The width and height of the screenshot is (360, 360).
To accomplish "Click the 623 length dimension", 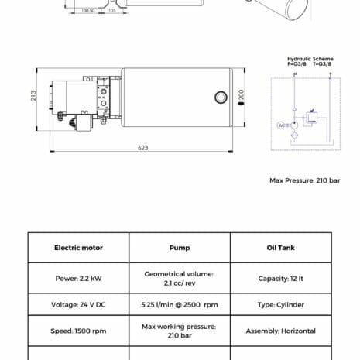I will [x=143, y=147].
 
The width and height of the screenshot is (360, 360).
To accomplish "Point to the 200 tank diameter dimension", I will [x=242, y=94].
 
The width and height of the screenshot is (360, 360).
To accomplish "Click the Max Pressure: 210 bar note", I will [x=304, y=180].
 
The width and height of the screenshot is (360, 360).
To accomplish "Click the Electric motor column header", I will [x=78, y=248].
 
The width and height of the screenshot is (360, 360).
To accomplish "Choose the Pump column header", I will [x=180, y=248].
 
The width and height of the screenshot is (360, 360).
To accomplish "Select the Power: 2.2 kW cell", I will [x=78, y=278].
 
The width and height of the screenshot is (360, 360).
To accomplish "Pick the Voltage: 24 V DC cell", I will [x=78, y=304].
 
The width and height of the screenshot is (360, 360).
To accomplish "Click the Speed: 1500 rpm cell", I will [x=78, y=331].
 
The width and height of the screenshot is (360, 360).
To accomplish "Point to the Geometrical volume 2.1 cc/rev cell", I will [x=180, y=278].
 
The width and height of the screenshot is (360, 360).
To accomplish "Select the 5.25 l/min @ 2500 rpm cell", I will [x=180, y=304].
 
